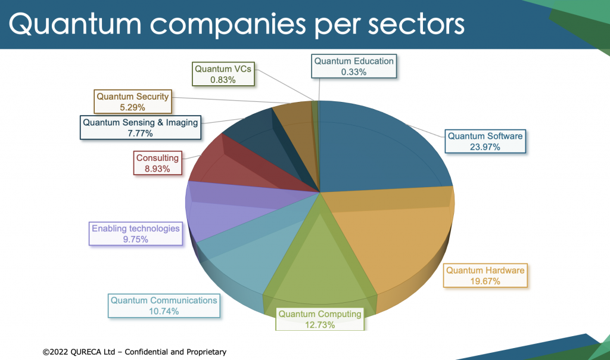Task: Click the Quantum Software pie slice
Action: [381, 149]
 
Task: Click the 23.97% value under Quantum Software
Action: [484, 147]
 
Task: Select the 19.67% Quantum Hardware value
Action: [485, 281]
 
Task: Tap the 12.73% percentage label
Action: [320, 325]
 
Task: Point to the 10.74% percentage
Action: [164, 311]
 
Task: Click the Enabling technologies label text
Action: [135, 228]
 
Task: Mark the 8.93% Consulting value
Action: [157, 169]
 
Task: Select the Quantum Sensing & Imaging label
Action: [141, 122]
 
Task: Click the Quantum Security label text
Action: [133, 96]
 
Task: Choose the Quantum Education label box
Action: [354, 66]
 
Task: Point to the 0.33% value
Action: [354, 72]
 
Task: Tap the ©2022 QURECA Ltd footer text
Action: [134, 352]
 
